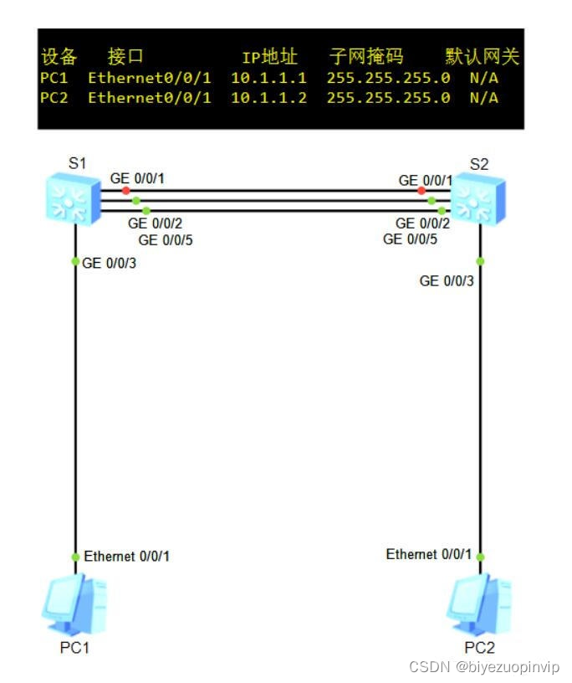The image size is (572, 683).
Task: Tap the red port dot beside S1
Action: pyautogui.click(x=125, y=191)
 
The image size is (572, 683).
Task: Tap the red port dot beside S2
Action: pyautogui.click(x=421, y=191)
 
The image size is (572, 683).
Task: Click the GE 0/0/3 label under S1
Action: pyautogui.click(x=110, y=263)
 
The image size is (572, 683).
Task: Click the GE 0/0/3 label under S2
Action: pyautogui.click(x=447, y=280)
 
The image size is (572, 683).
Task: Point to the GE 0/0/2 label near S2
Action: pyautogui.click(x=422, y=223)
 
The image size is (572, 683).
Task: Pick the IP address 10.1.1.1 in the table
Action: pyautogui.click(x=268, y=78)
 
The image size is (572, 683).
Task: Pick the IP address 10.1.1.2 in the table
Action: pyautogui.click(x=268, y=98)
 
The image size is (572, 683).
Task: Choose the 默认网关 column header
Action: pyautogui.click(x=483, y=57)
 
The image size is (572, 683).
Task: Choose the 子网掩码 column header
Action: pyautogui.click(x=366, y=57)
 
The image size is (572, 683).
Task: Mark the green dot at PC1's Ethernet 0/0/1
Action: pyautogui.click(x=75, y=557)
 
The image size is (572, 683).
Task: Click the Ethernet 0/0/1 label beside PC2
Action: pyautogui.click(x=428, y=554)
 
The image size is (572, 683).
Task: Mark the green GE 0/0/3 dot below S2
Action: pyautogui.click(x=480, y=261)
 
